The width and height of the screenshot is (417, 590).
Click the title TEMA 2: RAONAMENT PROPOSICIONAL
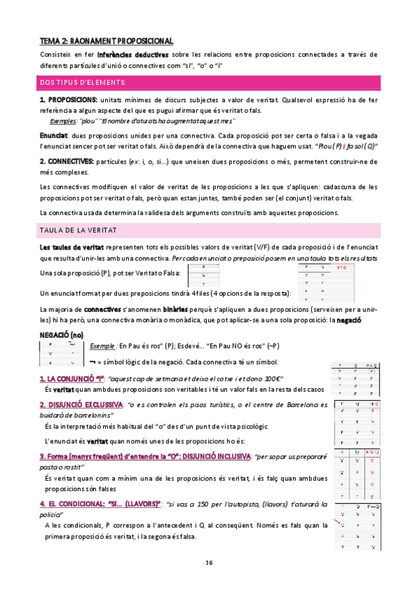[x=106, y=41]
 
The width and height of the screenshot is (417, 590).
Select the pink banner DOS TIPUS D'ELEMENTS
[x=84, y=83]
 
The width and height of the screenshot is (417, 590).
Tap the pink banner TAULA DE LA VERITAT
[x=78, y=229]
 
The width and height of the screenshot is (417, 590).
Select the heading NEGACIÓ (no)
[x=62, y=335]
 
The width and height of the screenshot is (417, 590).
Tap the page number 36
[x=209, y=562]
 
